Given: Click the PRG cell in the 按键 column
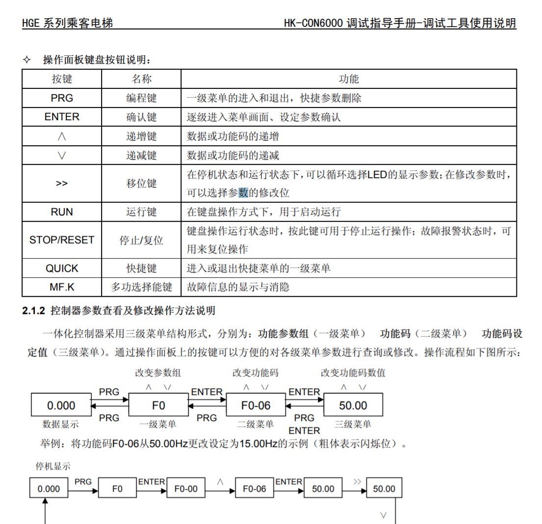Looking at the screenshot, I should [x=62, y=98].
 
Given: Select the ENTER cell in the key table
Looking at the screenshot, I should [x=62, y=117].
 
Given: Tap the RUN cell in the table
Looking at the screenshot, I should [x=62, y=212].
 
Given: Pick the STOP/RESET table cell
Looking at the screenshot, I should [x=62, y=240].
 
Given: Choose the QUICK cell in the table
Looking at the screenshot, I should [x=62, y=268].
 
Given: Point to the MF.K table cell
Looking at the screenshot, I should [x=62, y=287].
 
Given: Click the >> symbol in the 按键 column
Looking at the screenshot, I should [x=62, y=183].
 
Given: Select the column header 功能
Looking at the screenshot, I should [x=349, y=79].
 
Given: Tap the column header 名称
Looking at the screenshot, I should [x=141, y=79].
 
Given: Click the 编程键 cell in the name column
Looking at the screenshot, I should [x=141, y=98].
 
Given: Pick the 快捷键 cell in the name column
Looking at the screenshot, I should [x=141, y=268].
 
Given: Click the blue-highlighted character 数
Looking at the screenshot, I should [x=244, y=193].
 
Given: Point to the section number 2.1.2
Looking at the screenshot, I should [x=33, y=311].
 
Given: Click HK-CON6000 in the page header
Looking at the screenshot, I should [x=313, y=23].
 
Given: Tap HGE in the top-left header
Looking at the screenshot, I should [x=31, y=23].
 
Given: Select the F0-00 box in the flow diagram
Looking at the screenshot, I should [x=186, y=489].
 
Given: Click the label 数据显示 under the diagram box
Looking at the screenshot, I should [x=61, y=424].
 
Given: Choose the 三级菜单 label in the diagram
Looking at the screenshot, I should [x=353, y=424].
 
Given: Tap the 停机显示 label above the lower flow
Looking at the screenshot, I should [x=53, y=466].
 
